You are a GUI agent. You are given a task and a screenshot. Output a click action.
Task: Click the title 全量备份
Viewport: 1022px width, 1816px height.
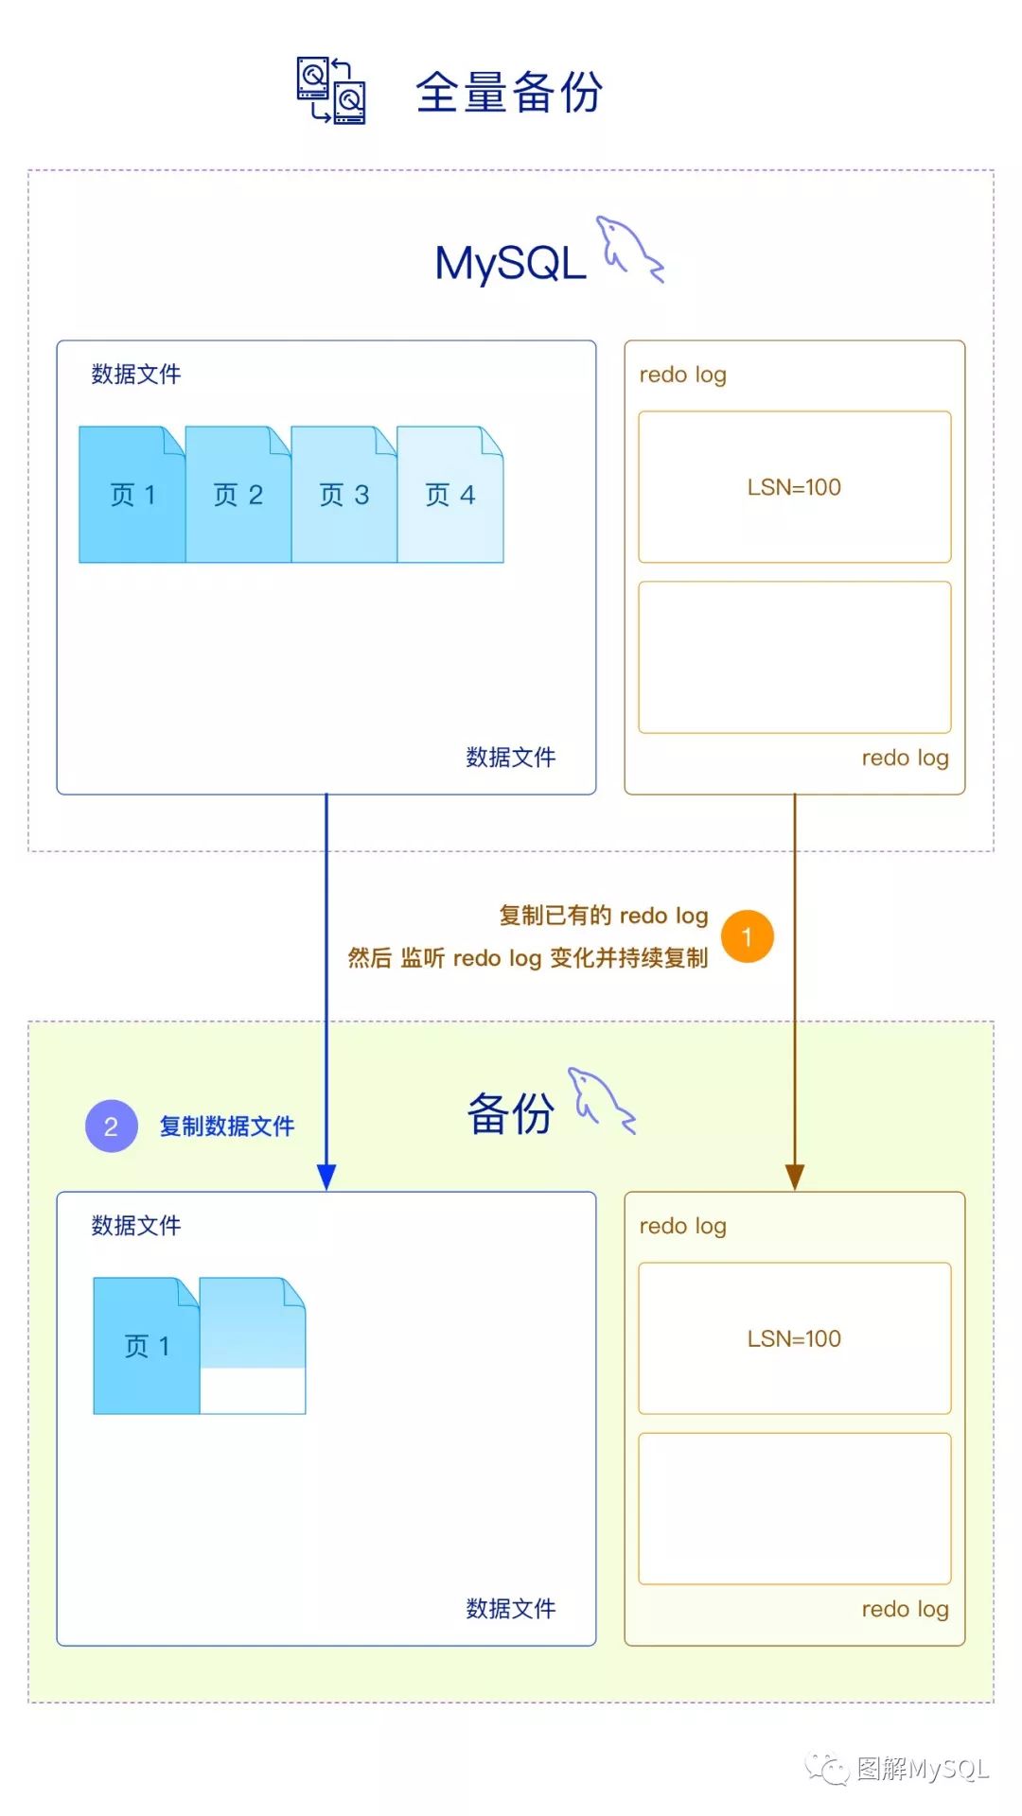(509, 93)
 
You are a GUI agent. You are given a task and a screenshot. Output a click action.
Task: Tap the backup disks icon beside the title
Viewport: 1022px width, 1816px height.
(331, 91)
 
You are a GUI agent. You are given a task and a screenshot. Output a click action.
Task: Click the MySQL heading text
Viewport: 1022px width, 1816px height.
(510, 263)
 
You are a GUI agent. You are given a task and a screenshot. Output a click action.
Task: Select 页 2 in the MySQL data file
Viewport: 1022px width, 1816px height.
(238, 495)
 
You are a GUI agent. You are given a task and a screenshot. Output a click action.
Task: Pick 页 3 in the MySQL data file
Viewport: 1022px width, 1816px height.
(344, 495)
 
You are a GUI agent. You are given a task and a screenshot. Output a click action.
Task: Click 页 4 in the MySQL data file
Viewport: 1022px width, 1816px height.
(449, 495)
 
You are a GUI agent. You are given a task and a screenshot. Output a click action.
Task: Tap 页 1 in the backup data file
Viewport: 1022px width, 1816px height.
(147, 1346)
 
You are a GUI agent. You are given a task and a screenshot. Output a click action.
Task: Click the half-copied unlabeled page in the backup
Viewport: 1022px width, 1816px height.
(253, 1346)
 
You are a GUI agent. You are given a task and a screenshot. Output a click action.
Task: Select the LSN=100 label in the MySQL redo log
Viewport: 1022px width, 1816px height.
(794, 487)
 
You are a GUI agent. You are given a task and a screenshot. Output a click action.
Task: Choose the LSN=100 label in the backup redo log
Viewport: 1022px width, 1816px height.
(794, 1338)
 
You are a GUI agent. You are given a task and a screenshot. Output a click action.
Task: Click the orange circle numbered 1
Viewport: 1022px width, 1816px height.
(748, 936)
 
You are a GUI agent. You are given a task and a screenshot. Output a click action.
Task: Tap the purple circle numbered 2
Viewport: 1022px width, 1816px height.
(112, 1126)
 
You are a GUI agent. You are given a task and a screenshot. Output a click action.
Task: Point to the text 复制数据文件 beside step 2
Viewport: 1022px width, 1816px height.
(227, 1126)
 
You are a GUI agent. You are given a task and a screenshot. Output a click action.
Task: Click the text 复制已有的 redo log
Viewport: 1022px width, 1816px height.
(604, 916)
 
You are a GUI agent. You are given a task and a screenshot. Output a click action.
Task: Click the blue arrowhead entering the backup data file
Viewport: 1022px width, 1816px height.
(326, 1177)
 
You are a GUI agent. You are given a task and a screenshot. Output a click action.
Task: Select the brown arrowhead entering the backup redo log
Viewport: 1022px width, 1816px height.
(795, 1177)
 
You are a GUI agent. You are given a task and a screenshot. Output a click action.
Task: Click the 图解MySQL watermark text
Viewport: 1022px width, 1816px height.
(922, 1769)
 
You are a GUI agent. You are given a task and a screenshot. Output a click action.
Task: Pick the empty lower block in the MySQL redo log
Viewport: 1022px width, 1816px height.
(794, 657)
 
